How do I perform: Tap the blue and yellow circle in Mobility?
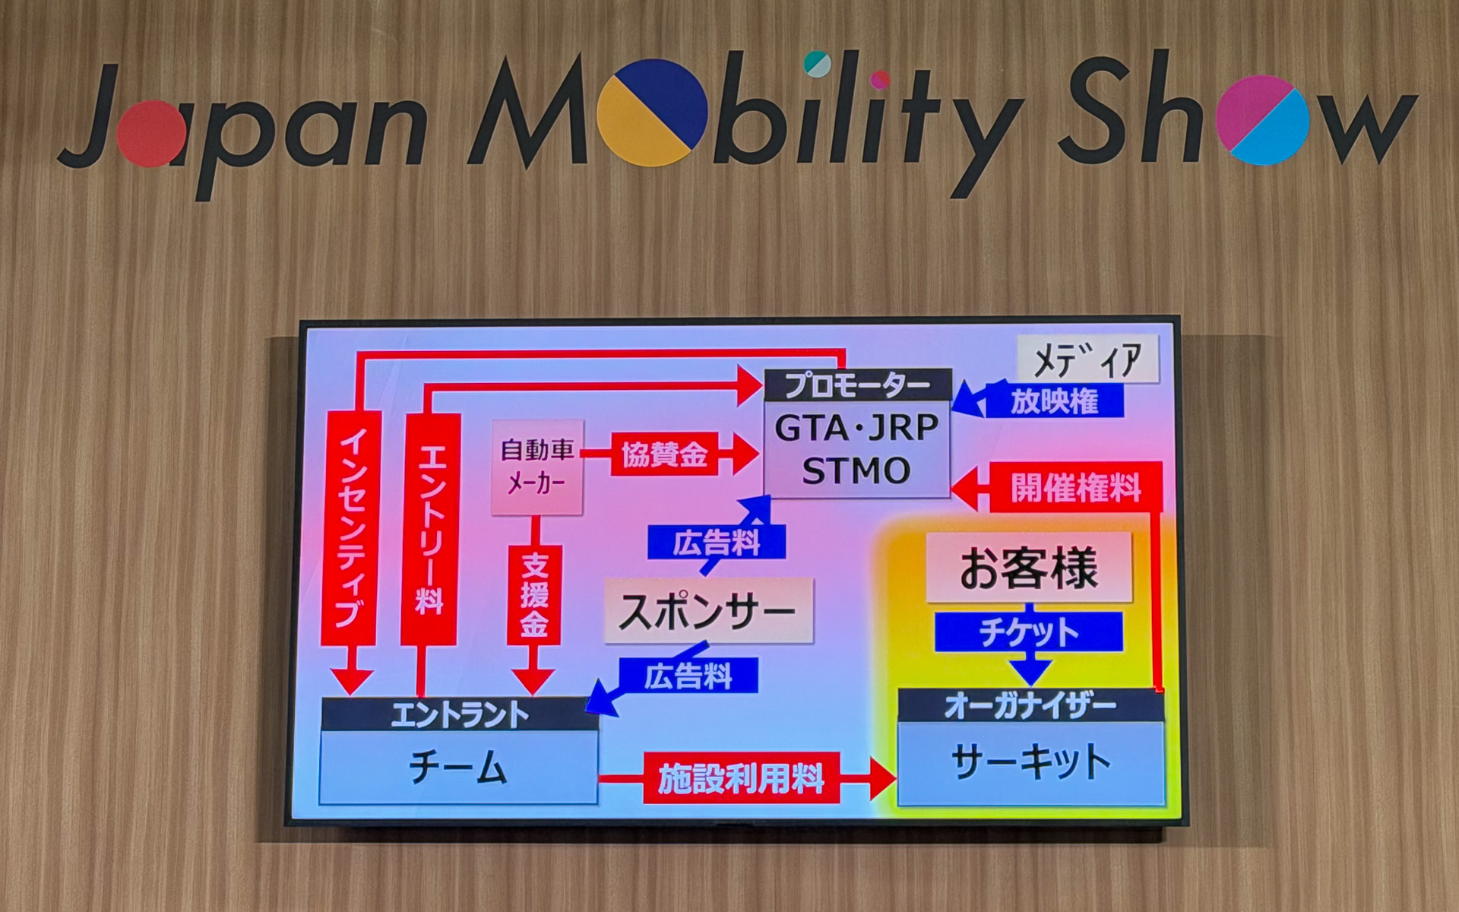pos(652,112)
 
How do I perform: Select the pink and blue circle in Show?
pos(1263,120)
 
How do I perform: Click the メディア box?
pos(1087,359)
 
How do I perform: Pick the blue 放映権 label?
pos(1054,401)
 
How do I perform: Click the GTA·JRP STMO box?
pos(856,449)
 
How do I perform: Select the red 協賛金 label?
pos(664,456)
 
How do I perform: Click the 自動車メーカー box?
pos(537,467)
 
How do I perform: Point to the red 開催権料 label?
pos(1075,487)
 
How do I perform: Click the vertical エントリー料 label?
pos(430,528)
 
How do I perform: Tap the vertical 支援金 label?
pos(534,594)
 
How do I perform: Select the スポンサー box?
pos(707,610)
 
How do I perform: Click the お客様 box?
pos(1029,568)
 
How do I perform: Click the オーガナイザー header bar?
pos(1030,706)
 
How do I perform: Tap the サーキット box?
pos(1030,762)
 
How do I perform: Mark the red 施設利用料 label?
pos(741,778)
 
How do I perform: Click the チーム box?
pos(458,766)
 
